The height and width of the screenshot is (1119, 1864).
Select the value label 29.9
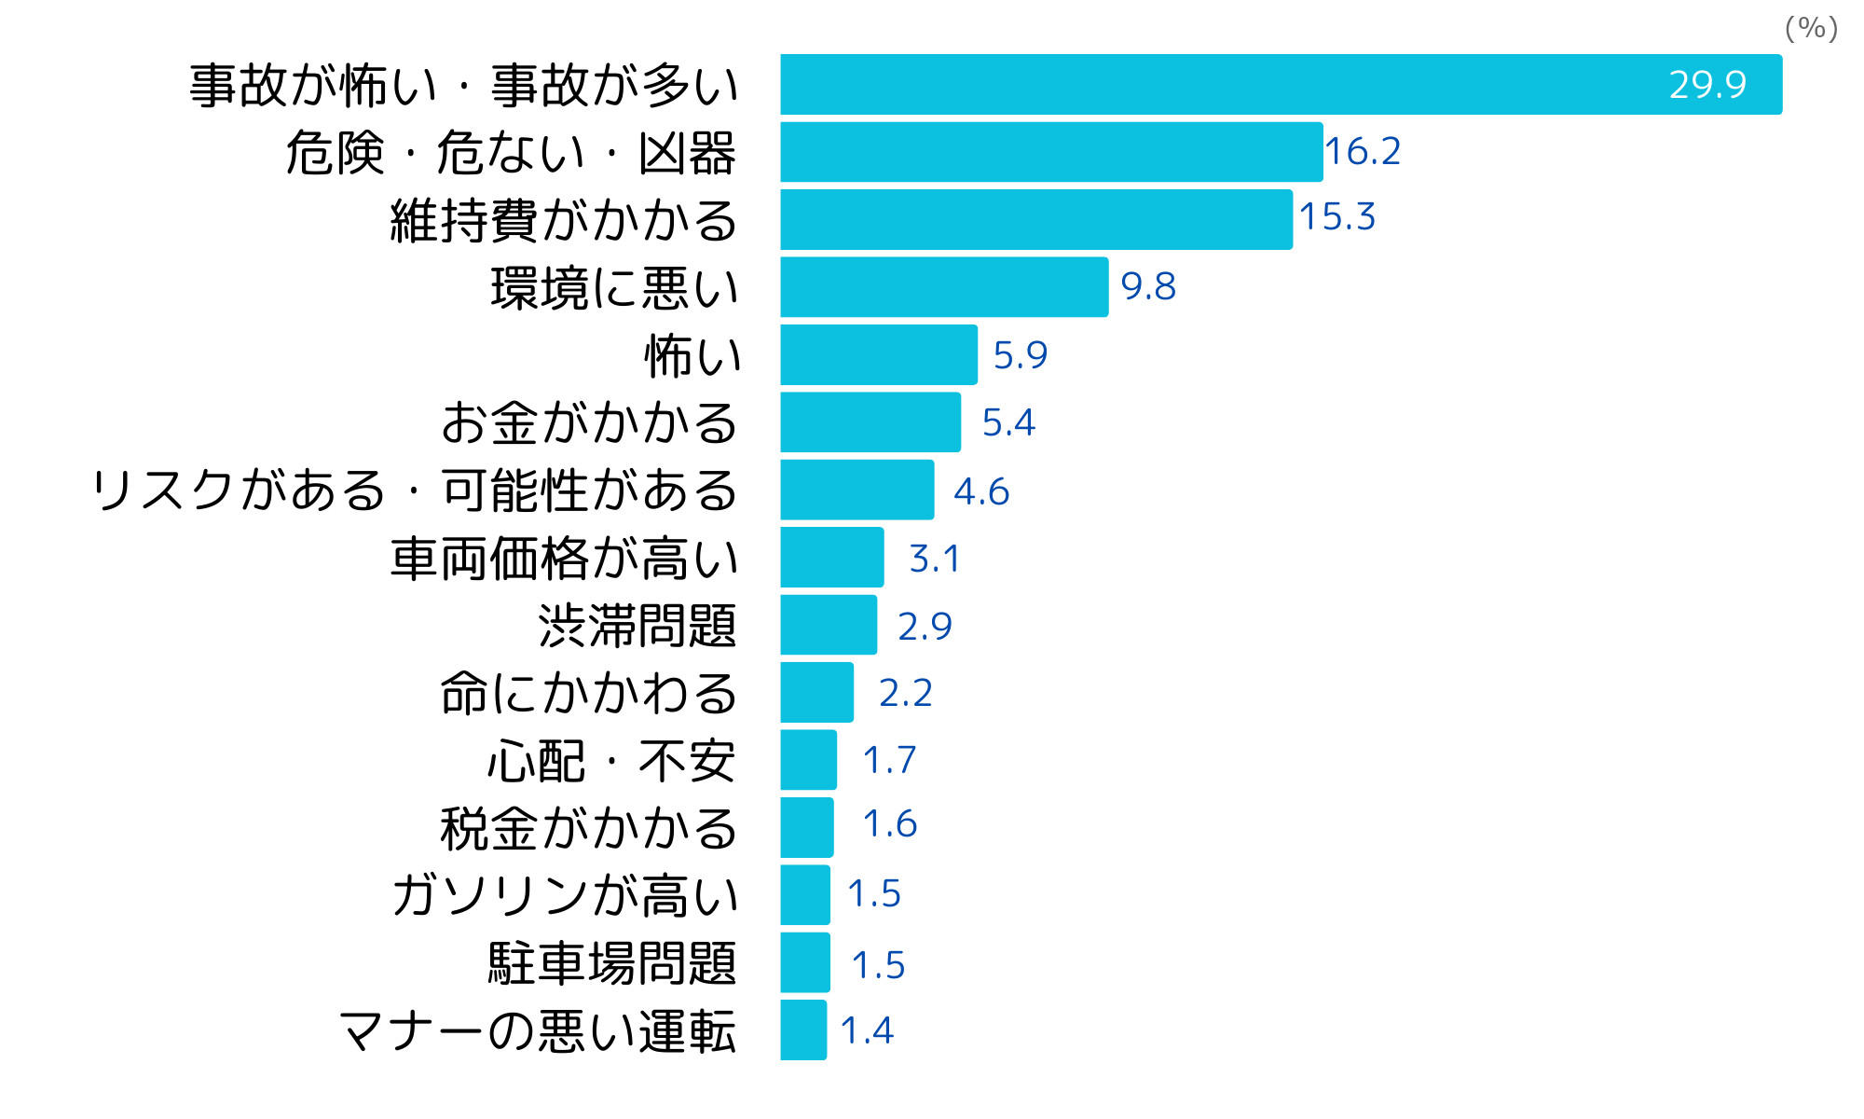[1706, 85]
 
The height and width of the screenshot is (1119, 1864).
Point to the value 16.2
[1363, 151]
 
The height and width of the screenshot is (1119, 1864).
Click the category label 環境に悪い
[614, 288]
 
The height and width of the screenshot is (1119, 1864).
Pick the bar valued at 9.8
[944, 287]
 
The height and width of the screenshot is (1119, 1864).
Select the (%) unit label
[1811, 28]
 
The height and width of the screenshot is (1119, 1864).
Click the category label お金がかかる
[589, 422]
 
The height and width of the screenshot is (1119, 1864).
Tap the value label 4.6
[981, 491]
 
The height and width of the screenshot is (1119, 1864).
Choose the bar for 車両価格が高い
[832, 558]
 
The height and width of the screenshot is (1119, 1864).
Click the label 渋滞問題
[637, 626]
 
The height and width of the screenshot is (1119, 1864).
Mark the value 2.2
[905, 693]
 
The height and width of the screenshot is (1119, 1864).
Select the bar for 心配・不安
[808, 760]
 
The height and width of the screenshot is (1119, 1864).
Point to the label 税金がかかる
[589, 828]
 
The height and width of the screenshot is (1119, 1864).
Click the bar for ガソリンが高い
[805, 895]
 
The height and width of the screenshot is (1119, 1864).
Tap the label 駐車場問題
[612, 963]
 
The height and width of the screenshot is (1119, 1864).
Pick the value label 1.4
[867, 1030]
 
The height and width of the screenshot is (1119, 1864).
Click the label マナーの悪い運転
[538, 1031]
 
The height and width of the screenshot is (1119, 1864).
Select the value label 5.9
[1020, 355]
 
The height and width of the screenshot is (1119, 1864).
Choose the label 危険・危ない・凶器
[511, 153]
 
